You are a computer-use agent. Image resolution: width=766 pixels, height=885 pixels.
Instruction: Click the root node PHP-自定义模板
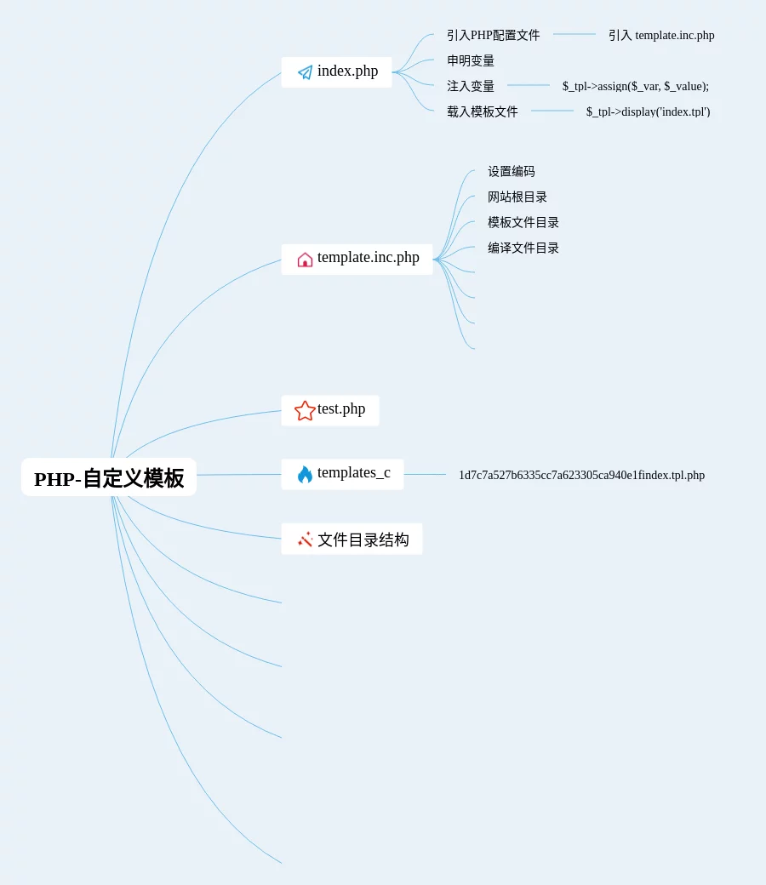pyautogui.click(x=109, y=477)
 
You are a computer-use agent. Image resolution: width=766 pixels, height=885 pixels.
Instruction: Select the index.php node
pyautogui.click(x=347, y=71)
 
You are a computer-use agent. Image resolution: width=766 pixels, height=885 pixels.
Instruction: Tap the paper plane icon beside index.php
pyautogui.click(x=305, y=72)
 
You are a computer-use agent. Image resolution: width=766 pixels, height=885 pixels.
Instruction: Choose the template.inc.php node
pyautogui.click(x=368, y=258)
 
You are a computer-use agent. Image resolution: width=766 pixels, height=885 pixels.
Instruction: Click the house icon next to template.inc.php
pyautogui.click(x=305, y=260)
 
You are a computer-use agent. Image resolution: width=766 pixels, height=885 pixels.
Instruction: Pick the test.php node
pyautogui.click(x=340, y=409)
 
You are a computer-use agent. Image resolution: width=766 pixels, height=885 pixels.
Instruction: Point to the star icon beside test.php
pyautogui.click(x=305, y=411)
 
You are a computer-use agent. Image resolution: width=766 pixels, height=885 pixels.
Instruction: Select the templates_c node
pyautogui.click(x=353, y=473)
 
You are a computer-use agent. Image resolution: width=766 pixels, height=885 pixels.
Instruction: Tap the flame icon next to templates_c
pyautogui.click(x=305, y=475)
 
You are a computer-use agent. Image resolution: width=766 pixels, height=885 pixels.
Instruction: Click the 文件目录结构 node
pyautogui.click(x=363, y=540)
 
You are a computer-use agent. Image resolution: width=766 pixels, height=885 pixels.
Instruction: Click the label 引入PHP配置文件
pyautogui.click(x=493, y=35)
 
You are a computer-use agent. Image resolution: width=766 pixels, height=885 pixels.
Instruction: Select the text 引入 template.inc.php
pyautogui.click(x=661, y=35)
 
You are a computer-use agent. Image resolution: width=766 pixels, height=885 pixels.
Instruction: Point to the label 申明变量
pyautogui.click(x=471, y=60)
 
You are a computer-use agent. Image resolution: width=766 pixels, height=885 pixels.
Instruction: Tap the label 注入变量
pyautogui.click(x=471, y=86)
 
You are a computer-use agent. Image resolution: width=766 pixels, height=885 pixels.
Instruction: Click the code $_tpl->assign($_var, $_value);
pyautogui.click(x=635, y=86)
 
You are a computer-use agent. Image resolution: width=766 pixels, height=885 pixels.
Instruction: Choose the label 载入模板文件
pyautogui.click(x=482, y=111)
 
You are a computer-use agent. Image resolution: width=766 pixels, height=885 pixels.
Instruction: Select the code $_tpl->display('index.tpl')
pyautogui.click(x=648, y=111)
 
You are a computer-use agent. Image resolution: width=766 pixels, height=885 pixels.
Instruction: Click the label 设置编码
pyautogui.click(x=511, y=171)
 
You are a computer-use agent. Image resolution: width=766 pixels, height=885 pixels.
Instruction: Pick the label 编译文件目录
pyautogui.click(x=523, y=248)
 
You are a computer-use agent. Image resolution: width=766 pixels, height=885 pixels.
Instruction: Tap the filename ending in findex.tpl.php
pyautogui.click(x=581, y=475)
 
